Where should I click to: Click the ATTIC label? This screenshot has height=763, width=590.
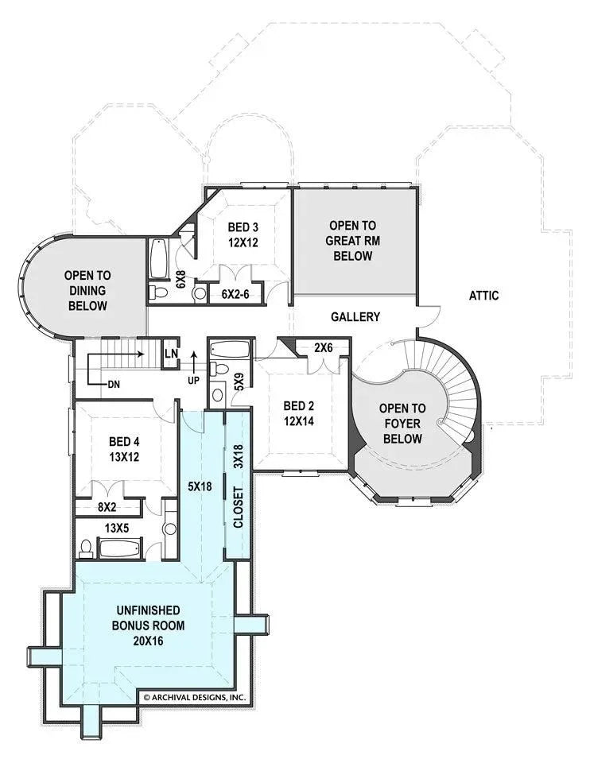483,296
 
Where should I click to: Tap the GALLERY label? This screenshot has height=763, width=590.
355,317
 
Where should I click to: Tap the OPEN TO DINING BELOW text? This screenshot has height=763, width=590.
86,290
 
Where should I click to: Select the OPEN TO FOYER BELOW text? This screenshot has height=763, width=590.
402,423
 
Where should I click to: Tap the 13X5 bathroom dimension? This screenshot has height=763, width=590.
118,527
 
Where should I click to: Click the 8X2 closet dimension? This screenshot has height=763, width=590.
107,506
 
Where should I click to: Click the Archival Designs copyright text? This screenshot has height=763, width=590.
193,697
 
